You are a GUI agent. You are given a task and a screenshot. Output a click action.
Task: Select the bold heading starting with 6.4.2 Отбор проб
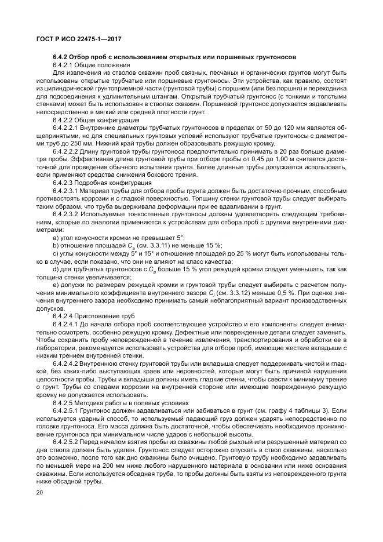point(174,57)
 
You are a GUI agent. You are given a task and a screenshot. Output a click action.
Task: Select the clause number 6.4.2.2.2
point(67,150)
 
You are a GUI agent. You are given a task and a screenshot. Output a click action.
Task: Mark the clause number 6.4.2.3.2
point(67,213)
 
